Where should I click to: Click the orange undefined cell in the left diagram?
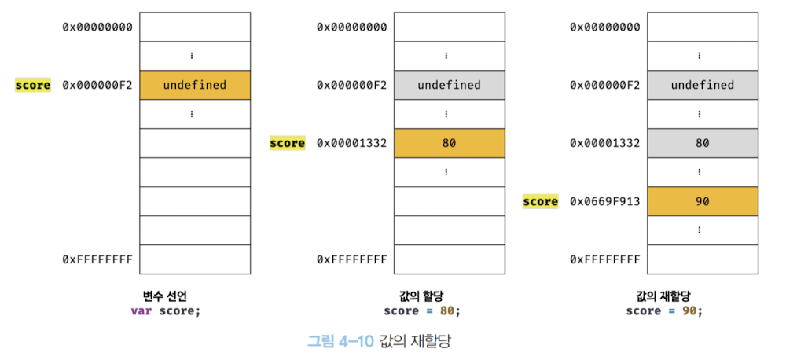(194, 85)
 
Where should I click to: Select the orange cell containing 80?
(449, 143)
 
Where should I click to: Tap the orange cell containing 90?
(702, 201)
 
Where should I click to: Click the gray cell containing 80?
(702, 143)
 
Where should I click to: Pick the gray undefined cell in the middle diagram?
(449, 85)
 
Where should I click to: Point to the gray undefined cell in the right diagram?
(702, 85)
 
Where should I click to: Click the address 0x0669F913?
(605, 201)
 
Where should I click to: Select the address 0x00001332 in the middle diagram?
(351, 143)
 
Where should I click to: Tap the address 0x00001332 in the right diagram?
(605, 143)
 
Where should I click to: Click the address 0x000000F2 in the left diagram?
(97, 85)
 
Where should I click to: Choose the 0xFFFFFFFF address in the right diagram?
(605, 259)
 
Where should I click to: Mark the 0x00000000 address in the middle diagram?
(351, 27)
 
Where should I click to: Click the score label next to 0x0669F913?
(541, 201)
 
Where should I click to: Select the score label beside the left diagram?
(33, 85)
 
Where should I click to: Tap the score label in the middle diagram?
(287, 143)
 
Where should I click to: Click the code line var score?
(165, 310)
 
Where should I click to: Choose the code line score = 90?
(664, 310)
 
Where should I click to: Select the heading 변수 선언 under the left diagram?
(165, 296)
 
